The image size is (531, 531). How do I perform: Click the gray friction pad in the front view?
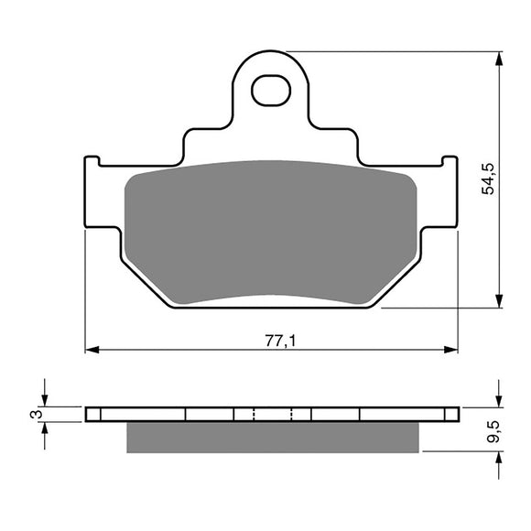coord(270,233)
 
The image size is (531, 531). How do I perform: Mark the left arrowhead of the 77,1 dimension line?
coord(91,350)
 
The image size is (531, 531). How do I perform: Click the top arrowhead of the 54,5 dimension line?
coord(499,58)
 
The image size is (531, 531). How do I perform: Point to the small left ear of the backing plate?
coord(91,164)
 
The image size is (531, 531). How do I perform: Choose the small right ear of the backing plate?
coord(450,164)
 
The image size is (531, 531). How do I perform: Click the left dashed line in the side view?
coord(253,414)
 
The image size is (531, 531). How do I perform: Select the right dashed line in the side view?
coord(291,414)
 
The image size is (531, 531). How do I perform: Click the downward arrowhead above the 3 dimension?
coord(44,401)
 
